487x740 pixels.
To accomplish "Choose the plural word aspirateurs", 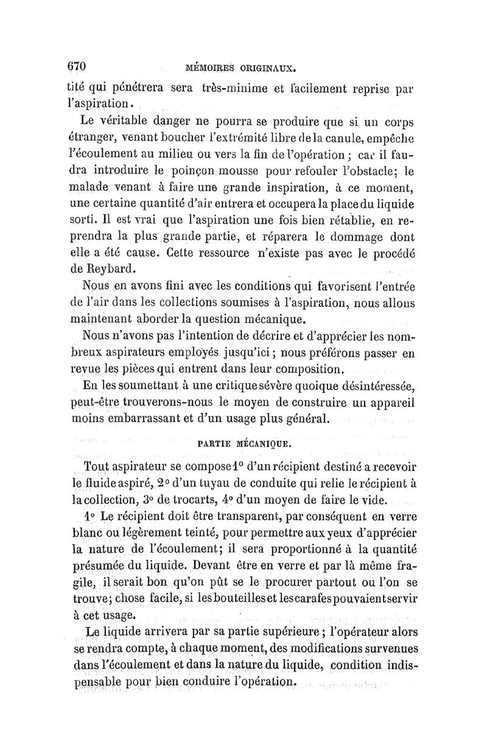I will (150, 353).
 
